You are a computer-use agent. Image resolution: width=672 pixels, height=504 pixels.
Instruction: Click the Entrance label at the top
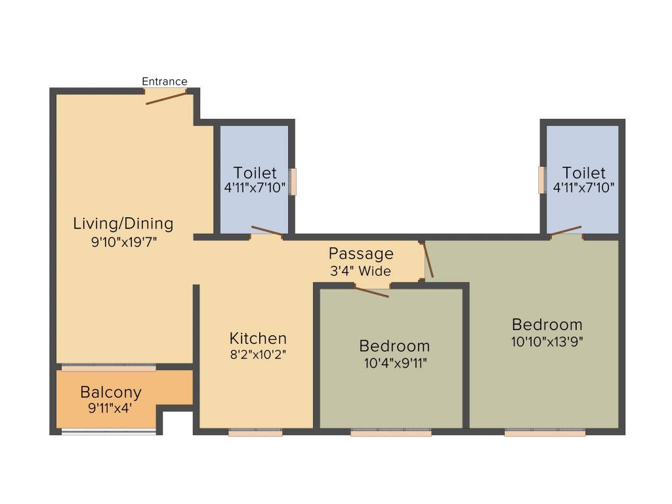click(x=165, y=81)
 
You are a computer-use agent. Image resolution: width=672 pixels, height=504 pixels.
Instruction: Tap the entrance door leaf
click(x=167, y=98)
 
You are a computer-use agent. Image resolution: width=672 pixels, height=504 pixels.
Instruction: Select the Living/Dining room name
click(x=123, y=223)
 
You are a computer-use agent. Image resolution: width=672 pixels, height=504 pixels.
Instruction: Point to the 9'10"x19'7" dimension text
click(x=124, y=241)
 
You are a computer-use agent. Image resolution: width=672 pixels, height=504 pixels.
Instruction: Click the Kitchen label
click(x=258, y=338)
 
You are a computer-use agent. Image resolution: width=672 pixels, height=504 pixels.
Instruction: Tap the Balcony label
click(x=111, y=392)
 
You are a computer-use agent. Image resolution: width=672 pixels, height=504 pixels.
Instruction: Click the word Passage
click(x=361, y=253)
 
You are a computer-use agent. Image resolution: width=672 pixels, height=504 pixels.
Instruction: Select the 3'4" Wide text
click(x=361, y=270)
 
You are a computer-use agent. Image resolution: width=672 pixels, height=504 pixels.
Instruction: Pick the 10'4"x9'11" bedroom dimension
click(x=394, y=363)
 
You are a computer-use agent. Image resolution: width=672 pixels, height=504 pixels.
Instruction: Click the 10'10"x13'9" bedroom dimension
click(x=547, y=341)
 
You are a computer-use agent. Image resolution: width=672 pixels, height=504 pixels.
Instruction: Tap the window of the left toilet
click(x=293, y=182)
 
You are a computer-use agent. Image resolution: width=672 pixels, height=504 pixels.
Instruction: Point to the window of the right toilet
click(x=542, y=180)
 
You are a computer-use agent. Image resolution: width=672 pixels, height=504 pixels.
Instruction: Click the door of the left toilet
click(x=267, y=231)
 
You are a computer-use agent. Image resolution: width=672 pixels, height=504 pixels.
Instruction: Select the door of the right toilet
click(x=566, y=230)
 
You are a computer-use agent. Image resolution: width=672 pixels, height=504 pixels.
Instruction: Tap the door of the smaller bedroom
click(x=372, y=292)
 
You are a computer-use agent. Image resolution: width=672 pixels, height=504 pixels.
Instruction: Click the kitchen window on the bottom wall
click(x=255, y=432)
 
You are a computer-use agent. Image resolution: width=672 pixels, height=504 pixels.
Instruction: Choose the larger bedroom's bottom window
click(x=545, y=432)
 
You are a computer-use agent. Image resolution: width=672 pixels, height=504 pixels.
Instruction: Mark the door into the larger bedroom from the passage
click(x=429, y=260)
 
